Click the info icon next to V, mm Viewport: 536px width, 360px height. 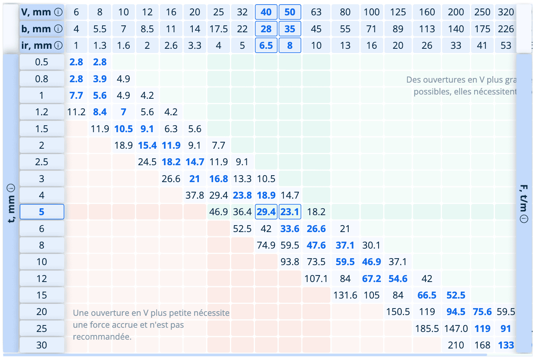58,12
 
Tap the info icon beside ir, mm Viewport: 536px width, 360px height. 58,46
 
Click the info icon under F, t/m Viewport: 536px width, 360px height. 524,219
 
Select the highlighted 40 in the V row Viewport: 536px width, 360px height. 266,12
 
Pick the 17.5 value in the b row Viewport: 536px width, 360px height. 218,29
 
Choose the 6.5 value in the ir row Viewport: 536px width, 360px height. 266,46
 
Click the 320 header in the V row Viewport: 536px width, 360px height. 506,12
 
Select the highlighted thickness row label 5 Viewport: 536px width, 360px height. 41,212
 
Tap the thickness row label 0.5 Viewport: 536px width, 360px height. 41,62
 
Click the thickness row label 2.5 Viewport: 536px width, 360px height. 41,162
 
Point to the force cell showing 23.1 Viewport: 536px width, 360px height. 290,212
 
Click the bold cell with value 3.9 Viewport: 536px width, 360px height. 100,79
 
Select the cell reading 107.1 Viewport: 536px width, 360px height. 316,279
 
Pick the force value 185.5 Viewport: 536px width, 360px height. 427,329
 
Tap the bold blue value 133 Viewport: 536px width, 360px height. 506,345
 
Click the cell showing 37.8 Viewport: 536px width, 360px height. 195,196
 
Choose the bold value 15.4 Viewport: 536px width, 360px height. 147,146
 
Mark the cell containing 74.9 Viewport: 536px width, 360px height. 266,246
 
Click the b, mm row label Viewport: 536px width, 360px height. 36,29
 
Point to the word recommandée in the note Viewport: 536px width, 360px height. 102,337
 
